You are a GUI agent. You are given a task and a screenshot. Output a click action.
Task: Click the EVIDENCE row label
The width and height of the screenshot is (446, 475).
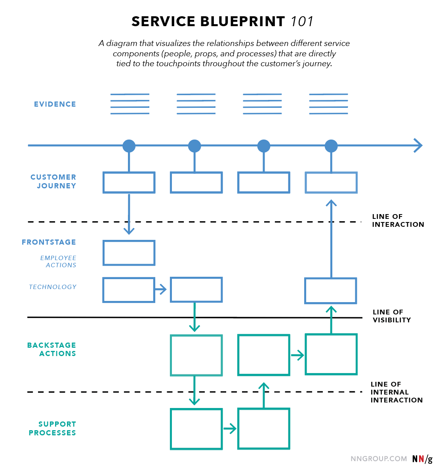pos(55,104)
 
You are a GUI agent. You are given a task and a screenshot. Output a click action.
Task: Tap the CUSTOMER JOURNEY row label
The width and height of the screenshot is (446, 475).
pos(53,182)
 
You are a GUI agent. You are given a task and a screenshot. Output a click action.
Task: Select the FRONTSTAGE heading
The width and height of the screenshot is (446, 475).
pos(49,242)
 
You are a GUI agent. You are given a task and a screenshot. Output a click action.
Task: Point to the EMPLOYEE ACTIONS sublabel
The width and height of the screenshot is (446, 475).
pos(58,262)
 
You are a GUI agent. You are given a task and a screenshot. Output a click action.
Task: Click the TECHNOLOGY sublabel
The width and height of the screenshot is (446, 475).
pos(53,287)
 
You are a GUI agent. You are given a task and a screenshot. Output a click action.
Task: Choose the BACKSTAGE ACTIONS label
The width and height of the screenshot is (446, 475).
pos(51,349)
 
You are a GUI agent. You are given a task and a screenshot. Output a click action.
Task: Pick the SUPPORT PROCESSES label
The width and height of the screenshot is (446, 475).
pos(52,429)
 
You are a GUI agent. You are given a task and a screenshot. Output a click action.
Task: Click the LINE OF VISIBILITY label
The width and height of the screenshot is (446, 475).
pos(391,316)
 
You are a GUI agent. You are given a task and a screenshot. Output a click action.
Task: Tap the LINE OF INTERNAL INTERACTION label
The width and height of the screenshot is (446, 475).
pos(396,392)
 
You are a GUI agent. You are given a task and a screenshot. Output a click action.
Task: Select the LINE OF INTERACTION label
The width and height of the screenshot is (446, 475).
pos(398,220)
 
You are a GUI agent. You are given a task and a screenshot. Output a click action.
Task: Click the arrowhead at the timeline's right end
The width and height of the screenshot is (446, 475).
pos(418,146)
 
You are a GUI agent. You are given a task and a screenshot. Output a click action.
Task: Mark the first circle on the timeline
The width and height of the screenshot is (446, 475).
pos(129,146)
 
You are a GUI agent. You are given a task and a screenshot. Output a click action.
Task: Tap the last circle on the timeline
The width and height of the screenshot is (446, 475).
pos(331,146)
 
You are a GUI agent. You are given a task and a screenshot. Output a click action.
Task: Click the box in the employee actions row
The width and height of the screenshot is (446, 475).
pos(129,253)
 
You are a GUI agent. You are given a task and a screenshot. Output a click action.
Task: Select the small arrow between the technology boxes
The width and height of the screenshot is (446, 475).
pos(161,290)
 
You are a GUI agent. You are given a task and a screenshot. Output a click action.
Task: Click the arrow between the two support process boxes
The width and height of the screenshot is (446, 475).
pos(230,429)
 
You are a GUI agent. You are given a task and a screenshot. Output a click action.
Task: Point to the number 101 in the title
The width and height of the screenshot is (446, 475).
pos(302,21)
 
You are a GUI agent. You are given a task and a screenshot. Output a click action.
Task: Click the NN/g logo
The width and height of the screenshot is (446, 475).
pos(422,459)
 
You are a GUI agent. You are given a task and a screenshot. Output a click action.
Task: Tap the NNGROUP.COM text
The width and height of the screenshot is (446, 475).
pos(379,459)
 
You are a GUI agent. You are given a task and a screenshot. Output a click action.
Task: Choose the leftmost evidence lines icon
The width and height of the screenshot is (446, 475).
pos(130,104)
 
